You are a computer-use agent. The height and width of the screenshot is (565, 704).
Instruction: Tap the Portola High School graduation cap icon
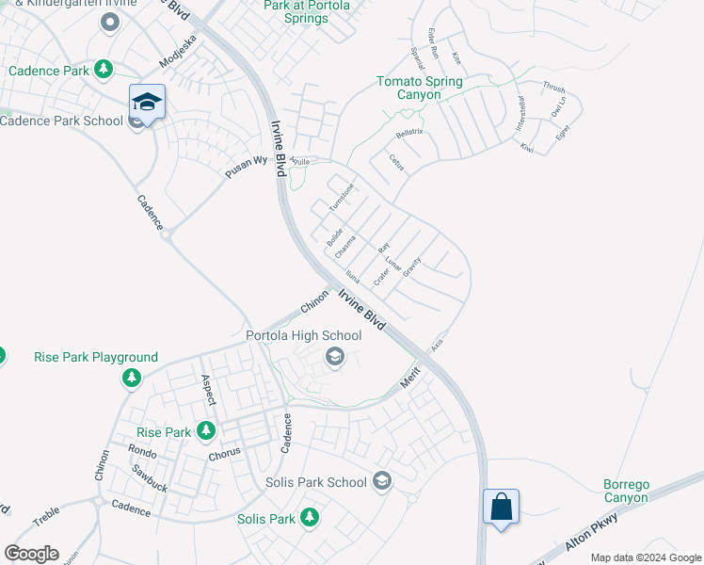333,356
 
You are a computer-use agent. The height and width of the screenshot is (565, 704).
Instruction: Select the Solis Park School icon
382,482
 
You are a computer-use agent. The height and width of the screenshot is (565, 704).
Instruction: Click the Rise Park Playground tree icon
131,378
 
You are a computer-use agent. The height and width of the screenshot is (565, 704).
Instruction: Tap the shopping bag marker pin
501,508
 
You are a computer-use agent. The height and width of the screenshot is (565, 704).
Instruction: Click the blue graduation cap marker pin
147,101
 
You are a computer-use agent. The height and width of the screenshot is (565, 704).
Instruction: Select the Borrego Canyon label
626,491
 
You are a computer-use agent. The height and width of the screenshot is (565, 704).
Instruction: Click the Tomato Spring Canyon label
420,88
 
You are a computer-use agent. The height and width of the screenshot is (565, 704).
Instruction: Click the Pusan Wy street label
247,167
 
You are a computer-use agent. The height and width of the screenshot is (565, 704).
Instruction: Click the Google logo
31,554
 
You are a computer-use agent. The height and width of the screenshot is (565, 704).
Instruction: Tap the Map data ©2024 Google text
645,557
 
